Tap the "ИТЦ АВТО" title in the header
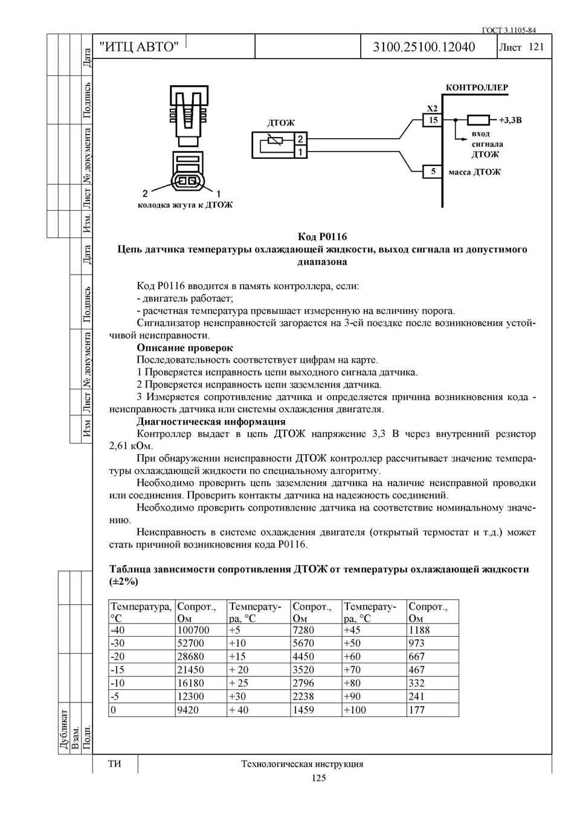point(139,47)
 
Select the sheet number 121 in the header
point(536,47)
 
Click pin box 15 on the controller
point(433,120)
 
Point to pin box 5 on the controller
point(433,171)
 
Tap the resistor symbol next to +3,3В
point(478,120)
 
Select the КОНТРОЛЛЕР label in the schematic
point(477,88)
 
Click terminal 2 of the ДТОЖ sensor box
point(300,139)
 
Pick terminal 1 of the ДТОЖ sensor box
point(300,152)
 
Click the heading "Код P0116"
point(323,237)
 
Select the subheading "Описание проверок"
point(184,348)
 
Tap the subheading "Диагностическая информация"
point(211,421)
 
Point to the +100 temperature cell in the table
point(355,710)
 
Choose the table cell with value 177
point(417,710)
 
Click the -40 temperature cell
point(118,630)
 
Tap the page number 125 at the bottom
point(318,778)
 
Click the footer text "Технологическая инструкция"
point(302,764)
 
